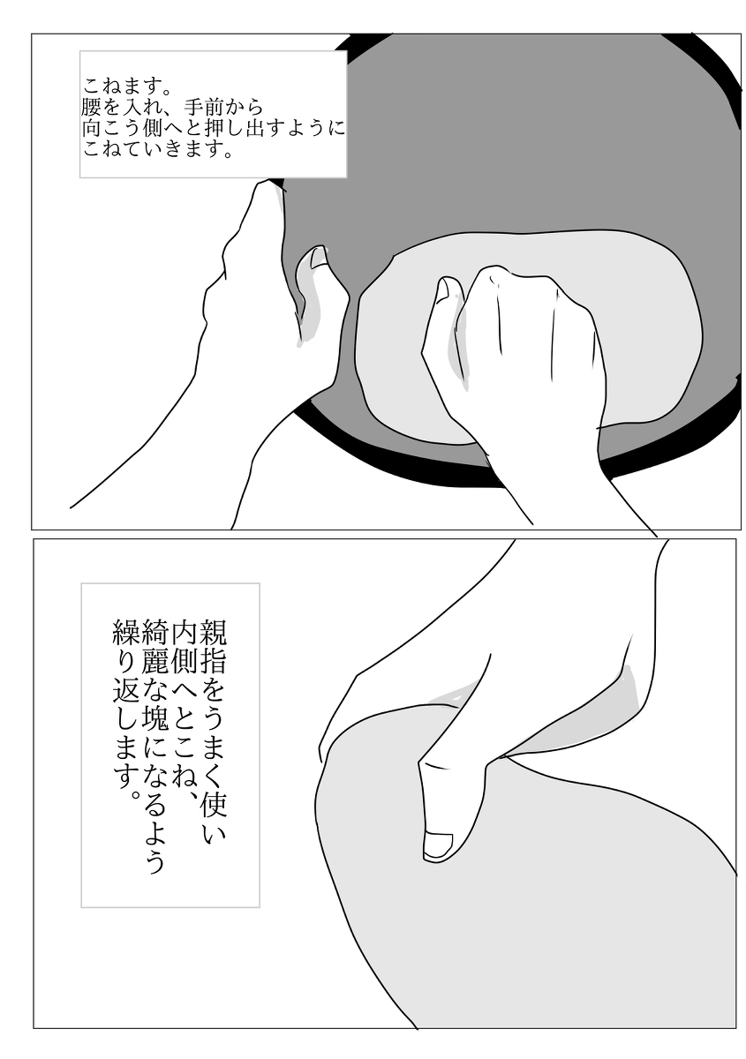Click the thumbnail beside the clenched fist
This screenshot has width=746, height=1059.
click(448, 289)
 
